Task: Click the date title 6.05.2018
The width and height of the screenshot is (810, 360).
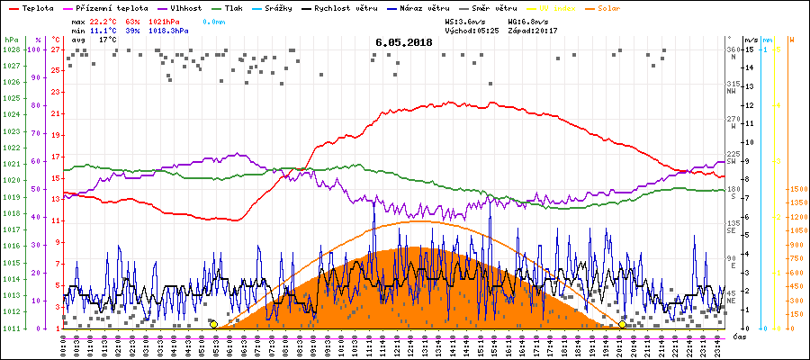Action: [x=404, y=42]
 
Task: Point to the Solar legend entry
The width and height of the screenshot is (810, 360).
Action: [x=621, y=7]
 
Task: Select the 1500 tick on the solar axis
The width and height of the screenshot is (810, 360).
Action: [x=796, y=190]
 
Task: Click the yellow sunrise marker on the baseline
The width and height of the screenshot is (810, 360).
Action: [x=213, y=324]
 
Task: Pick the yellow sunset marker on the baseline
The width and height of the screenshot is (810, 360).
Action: [x=622, y=324]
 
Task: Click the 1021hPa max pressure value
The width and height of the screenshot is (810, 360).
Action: [x=171, y=20]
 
